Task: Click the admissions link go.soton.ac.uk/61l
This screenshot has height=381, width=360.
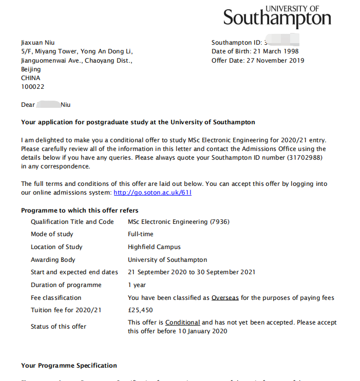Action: [153, 193]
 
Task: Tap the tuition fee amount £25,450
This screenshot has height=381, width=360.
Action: [140, 310]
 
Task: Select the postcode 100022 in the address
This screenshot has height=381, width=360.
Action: [32, 87]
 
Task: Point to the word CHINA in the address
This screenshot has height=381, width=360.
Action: [30, 78]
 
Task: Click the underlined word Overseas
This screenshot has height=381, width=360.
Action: [225, 298]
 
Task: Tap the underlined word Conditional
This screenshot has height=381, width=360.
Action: [182, 322]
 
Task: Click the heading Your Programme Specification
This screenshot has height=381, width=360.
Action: [69, 366]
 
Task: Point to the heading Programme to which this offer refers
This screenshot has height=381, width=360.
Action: [80, 211]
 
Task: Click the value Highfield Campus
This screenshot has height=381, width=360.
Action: [154, 247]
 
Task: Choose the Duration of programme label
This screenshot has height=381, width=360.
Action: [66, 285]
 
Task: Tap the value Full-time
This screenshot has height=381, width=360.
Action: [141, 234]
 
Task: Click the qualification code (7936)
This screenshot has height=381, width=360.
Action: [219, 222]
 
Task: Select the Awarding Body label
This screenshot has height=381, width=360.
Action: [53, 260]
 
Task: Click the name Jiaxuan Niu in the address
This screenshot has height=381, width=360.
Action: [37, 43]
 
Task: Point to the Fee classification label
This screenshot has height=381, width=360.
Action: [56, 298]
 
